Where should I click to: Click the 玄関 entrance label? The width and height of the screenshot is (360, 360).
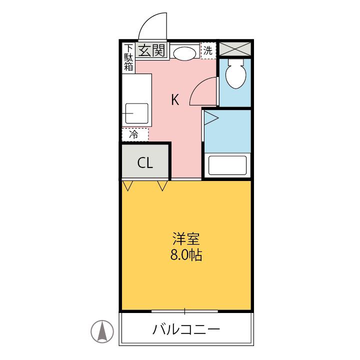[x=151, y=50]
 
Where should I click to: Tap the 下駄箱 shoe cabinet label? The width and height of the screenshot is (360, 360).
[x=129, y=58]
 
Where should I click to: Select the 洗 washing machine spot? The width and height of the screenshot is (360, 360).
[x=207, y=51]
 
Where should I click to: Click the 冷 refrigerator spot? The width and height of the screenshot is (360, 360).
[x=134, y=134]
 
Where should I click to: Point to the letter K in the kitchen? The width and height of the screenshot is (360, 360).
[x=175, y=100]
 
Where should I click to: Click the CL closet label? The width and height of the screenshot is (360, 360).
[x=145, y=163]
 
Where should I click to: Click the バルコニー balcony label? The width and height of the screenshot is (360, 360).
[x=186, y=330]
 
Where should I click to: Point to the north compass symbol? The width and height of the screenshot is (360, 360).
[x=102, y=331]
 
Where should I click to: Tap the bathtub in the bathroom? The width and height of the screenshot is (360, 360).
[x=227, y=165]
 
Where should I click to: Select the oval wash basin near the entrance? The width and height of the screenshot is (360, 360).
[x=184, y=52]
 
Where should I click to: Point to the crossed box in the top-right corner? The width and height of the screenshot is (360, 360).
[x=235, y=49]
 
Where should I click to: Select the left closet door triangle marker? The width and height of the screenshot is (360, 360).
[x=128, y=186]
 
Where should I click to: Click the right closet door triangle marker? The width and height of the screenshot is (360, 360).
[x=162, y=186]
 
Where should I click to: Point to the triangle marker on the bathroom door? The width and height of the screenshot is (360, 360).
[x=210, y=118]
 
